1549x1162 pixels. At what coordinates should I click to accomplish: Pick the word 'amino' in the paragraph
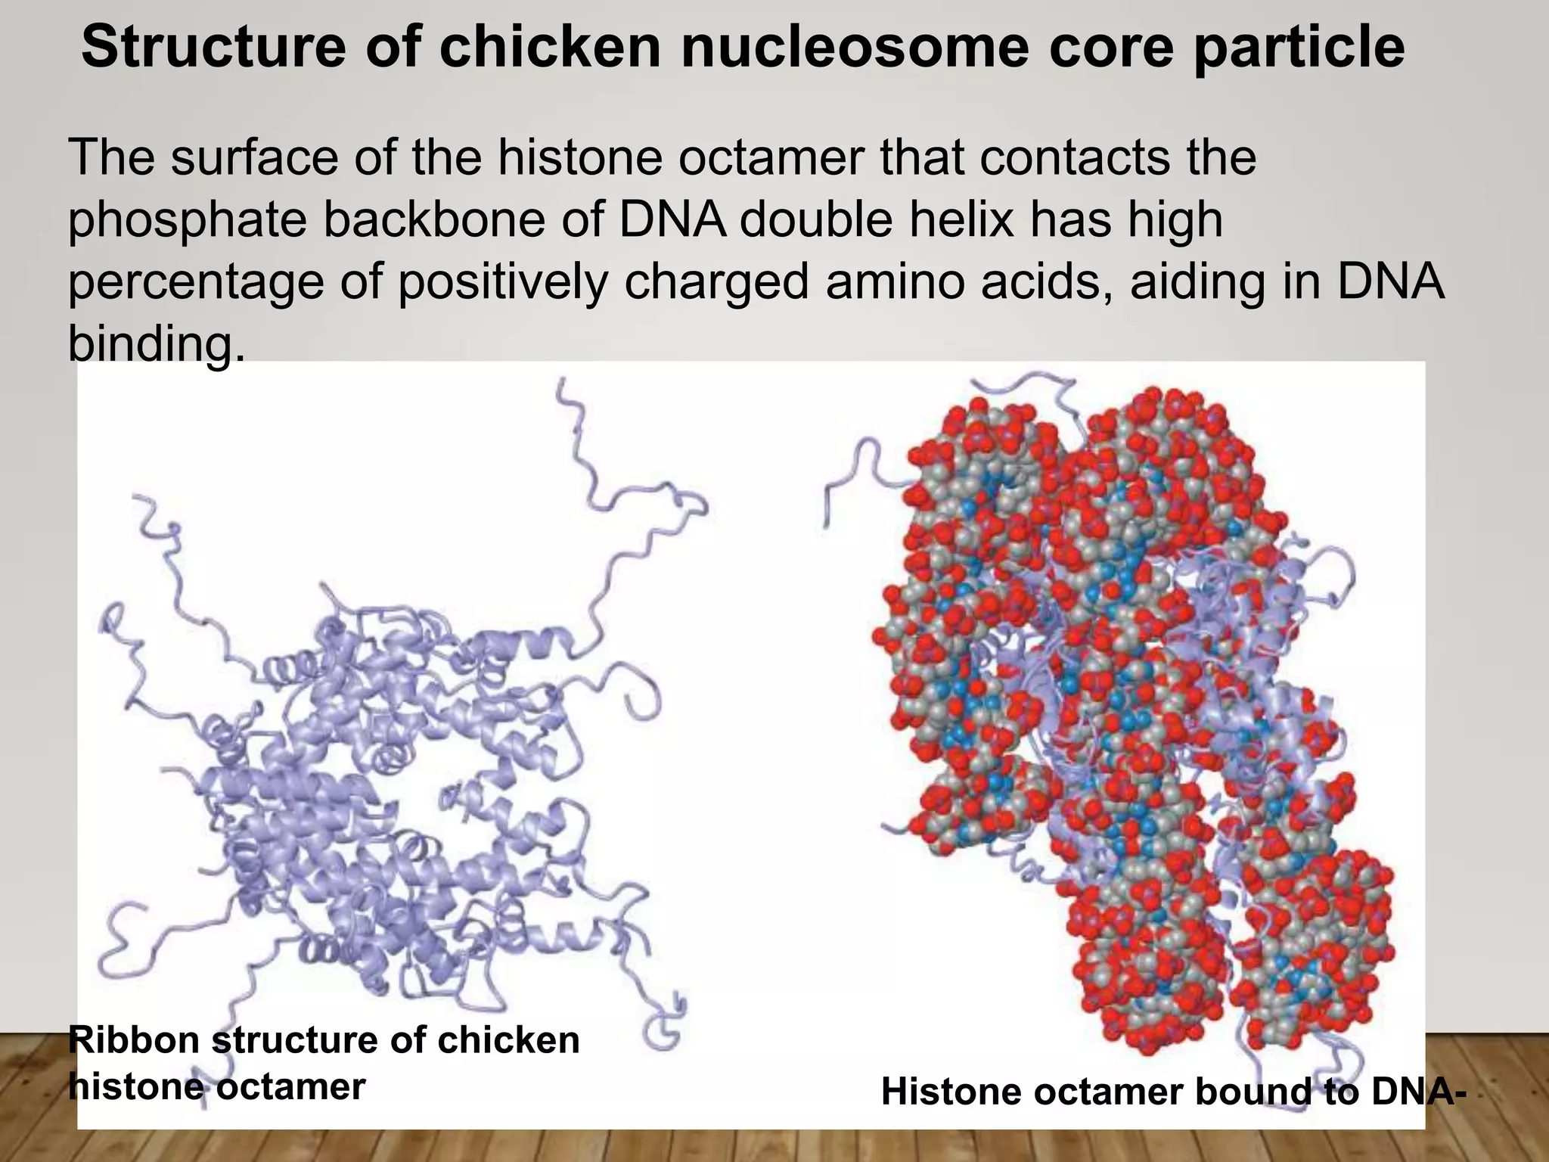click(x=902, y=281)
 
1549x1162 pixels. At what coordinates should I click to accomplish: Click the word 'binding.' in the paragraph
click(x=157, y=344)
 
